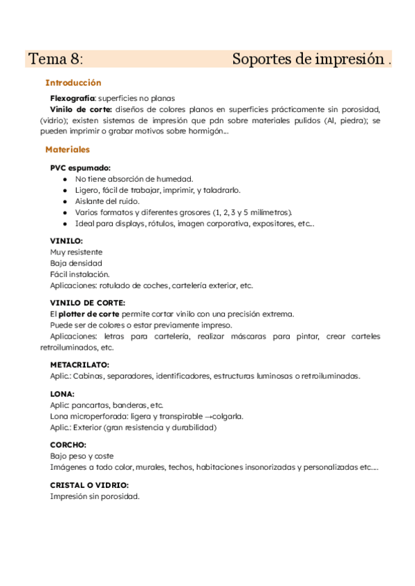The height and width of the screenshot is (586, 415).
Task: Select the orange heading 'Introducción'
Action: (73, 82)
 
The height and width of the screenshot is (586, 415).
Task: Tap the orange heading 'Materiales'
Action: (67, 149)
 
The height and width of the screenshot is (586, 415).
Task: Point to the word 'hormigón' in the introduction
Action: (205, 131)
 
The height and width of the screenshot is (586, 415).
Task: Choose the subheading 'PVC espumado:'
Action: (80, 168)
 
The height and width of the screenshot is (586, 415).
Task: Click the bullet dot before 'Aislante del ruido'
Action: (65, 201)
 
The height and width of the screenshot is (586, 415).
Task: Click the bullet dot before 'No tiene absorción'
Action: (65, 179)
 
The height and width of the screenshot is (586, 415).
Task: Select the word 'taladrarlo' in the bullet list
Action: (221, 190)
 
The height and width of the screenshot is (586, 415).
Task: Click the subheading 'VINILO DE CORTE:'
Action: (87, 303)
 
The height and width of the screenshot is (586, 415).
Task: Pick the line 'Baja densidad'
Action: (76, 263)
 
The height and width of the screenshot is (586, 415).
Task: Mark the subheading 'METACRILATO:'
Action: (80, 365)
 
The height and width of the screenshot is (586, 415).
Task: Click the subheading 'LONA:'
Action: (62, 394)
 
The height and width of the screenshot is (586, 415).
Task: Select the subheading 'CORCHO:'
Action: (68, 445)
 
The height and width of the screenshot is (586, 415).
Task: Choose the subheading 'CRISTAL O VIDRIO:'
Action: (89, 485)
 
